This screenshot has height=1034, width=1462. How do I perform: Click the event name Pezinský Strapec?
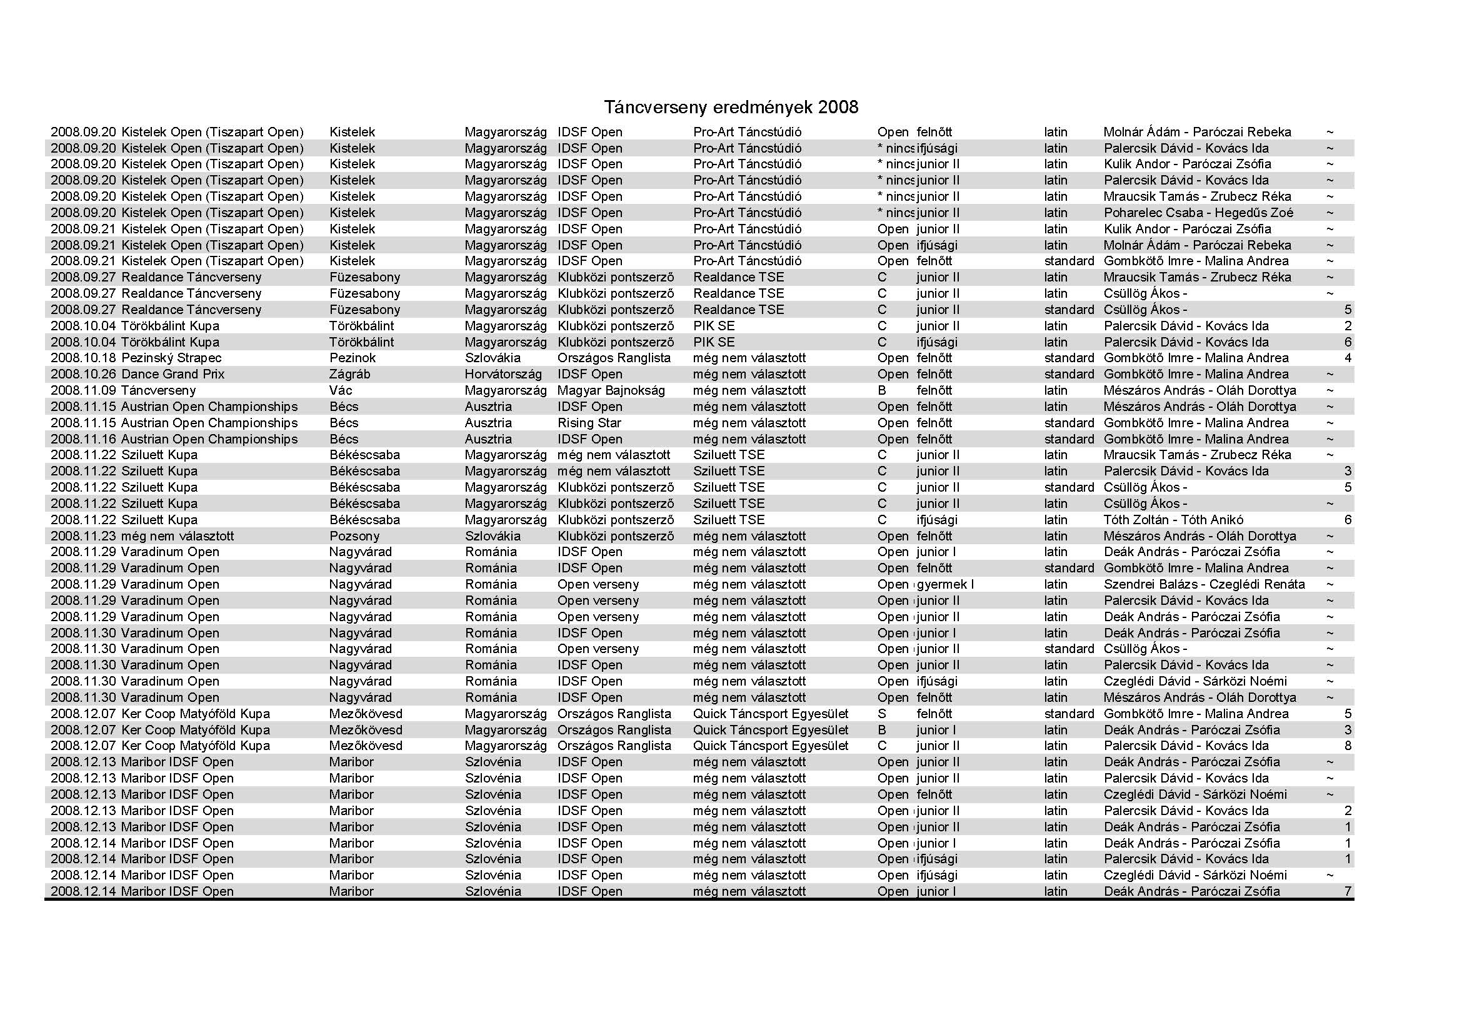[171, 358]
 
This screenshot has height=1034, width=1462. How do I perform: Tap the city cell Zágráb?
[349, 374]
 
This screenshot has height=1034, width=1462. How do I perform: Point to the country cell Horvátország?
[503, 374]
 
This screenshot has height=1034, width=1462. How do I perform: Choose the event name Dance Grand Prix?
[173, 374]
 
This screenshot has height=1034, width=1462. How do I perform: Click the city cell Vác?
[341, 390]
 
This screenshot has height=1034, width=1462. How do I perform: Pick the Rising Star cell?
[589, 423]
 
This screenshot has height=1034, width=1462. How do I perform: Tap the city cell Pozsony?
[354, 537]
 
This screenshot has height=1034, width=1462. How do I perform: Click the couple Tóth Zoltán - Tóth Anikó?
[1173, 520]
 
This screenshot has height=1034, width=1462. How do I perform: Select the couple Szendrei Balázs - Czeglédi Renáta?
[1203, 584]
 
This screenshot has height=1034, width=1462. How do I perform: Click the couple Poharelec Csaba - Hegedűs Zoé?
[1198, 213]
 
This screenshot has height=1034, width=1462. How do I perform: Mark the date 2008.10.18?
[83, 358]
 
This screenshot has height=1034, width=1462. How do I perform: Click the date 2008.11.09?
[83, 390]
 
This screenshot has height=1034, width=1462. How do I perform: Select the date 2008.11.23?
[83, 537]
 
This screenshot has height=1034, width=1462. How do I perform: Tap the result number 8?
[1348, 746]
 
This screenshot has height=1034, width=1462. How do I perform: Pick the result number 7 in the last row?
[1348, 891]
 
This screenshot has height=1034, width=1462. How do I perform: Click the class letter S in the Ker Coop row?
[881, 714]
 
